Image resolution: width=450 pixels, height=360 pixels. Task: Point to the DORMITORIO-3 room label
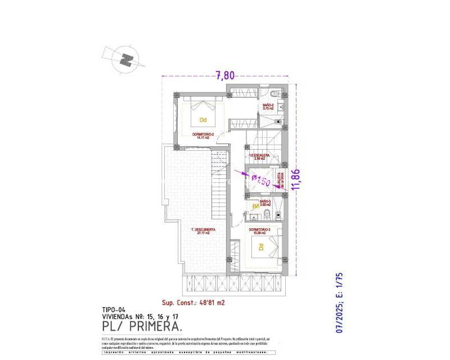[260, 230]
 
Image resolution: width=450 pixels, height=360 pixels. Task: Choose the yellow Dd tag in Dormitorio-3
[260, 246]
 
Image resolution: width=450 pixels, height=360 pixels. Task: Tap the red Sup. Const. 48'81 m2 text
[193, 302]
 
